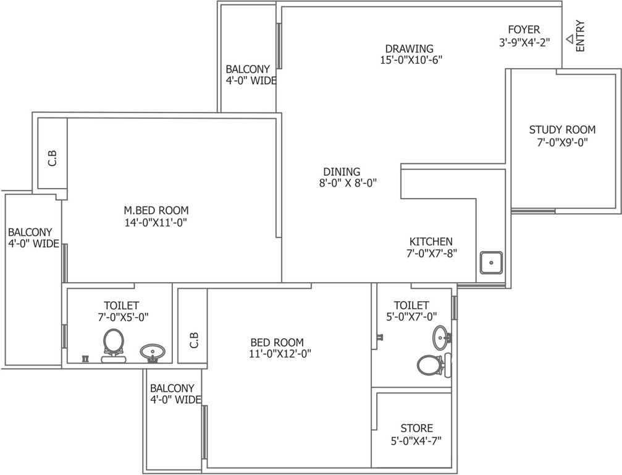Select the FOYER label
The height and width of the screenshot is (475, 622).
click(x=524, y=30)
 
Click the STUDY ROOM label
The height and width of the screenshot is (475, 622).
click(x=562, y=129)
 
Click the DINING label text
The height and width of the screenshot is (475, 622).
click(x=342, y=171)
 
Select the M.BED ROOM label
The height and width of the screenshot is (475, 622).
click(x=156, y=210)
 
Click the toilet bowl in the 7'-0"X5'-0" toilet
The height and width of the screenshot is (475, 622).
click(x=113, y=342)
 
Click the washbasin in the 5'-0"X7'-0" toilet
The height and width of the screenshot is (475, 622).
click(x=440, y=336)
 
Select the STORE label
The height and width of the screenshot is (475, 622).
click(x=416, y=428)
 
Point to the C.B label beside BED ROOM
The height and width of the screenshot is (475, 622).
click(x=193, y=340)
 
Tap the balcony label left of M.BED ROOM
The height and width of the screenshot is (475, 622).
click(x=30, y=232)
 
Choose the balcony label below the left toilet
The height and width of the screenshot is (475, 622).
click(x=172, y=388)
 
